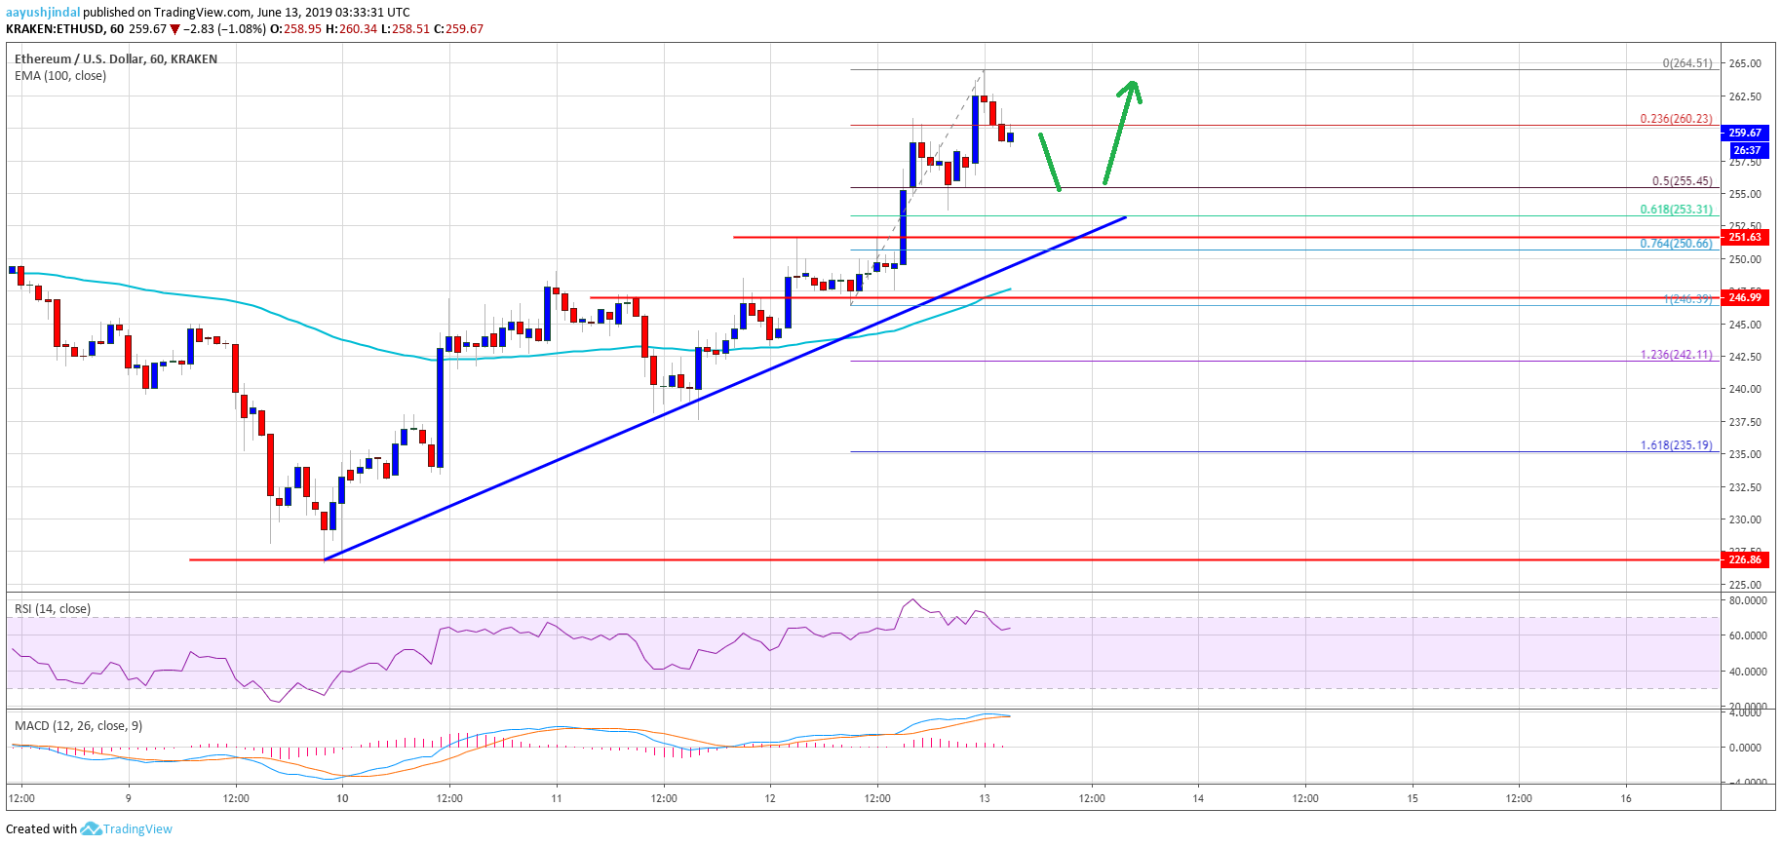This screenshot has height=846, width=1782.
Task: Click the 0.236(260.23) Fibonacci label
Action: (x=1675, y=119)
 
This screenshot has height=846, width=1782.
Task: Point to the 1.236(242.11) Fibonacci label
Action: (x=1676, y=355)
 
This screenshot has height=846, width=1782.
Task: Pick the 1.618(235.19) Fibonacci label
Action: (x=1676, y=445)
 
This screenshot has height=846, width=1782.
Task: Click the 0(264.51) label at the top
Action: (x=1686, y=63)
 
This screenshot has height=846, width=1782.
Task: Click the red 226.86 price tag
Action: (x=1744, y=559)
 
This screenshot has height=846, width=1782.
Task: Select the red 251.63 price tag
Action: (x=1744, y=237)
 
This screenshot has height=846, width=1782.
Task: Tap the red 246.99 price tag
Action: (x=1744, y=297)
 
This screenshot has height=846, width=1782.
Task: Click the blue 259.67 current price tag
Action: (x=1744, y=133)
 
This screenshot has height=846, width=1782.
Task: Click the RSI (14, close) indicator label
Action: (x=53, y=609)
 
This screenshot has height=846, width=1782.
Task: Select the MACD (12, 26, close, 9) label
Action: (x=78, y=726)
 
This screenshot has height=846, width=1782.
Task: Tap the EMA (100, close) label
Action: (x=60, y=76)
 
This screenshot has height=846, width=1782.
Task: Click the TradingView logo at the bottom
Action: (x=127, y=829)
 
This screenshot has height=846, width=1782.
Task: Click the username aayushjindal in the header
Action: (x=43, y=13)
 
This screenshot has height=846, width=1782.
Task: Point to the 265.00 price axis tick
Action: (x=1744, y=63)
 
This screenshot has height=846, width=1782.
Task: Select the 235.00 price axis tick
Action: (x=1744, y=454)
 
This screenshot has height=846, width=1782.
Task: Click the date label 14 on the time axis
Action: (x=1198, y=798)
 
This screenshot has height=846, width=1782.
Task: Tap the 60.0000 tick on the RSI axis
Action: (x=1747, y=635)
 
